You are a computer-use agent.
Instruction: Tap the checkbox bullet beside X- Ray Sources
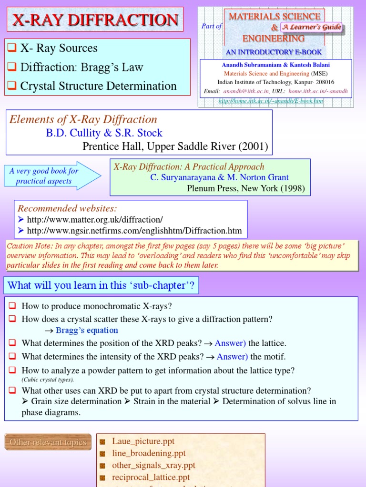pos(12,48)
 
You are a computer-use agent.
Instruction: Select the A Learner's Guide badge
pos(311,27)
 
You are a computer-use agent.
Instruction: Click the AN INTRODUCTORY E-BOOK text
pos(274,52)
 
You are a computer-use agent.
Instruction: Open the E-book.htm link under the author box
pos(271,101)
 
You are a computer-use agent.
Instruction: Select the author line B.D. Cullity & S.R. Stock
pos(104,133)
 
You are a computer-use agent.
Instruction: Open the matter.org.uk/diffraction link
pos(95,219)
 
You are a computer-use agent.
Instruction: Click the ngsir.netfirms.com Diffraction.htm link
pos(134,231)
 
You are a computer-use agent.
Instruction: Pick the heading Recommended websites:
pos(67,208)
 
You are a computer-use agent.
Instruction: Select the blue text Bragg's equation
pos(87,331)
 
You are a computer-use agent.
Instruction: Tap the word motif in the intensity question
pos(275,357)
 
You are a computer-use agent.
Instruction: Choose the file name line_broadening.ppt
pos(149,453)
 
